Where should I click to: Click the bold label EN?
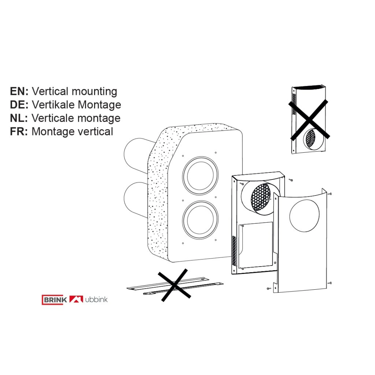coord(19,91)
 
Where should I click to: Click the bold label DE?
coord(19,105)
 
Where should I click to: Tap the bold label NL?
coord(19,118)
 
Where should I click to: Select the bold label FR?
coord(19,131)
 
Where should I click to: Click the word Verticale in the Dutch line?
coord(53,118)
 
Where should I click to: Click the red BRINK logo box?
coord(55,300)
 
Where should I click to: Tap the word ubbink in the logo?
coord(96,300)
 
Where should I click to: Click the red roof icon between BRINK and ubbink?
coord(76,299)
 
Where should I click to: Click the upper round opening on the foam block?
coord(200,176)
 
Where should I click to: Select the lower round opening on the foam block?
coord(200,220)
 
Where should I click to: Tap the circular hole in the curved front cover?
coord(304,215)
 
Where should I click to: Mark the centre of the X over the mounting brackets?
coord(175,285)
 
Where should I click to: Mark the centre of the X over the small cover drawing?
coord(309,120)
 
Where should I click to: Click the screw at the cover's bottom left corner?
coord(269,289)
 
